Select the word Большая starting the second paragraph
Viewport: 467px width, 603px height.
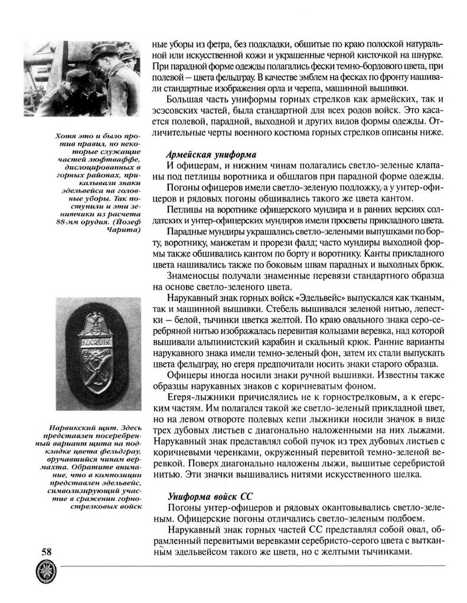186,99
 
